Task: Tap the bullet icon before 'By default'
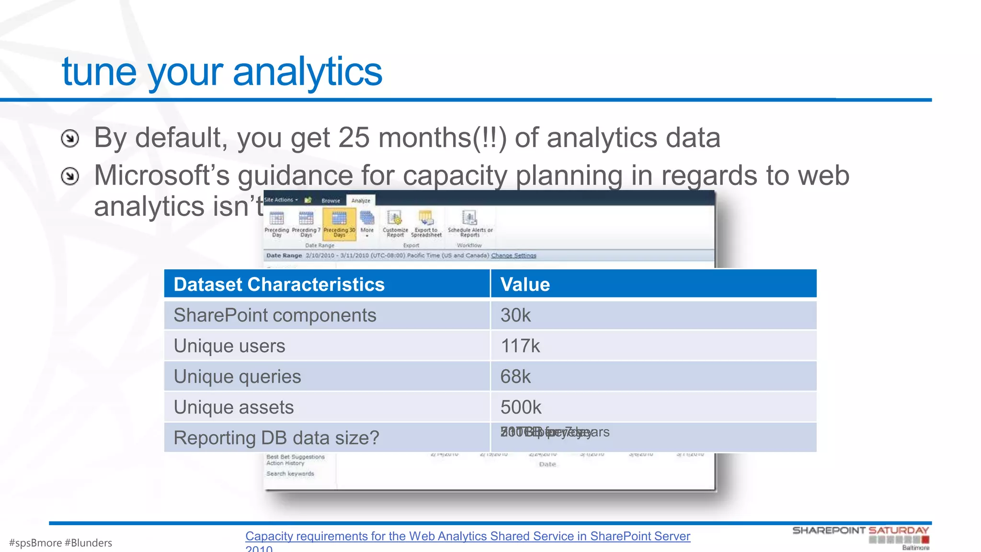point(70,138)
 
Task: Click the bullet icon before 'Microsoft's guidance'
point(70,176)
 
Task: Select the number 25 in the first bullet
point(354,138)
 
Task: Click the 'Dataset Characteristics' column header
point(279,284)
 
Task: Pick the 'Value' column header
point(525,284)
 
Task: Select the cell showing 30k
point(515,315)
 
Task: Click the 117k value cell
point(520,346)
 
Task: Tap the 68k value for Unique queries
point(515,377)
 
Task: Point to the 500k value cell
point(521,407)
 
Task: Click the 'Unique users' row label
point(229,346)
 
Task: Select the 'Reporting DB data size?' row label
point(276,437)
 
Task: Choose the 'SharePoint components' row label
point(275,315)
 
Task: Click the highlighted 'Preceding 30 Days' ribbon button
point(339,224)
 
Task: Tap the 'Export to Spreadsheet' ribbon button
point(426,224)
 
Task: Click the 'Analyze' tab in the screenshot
point(361,200)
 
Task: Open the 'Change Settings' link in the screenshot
point(513,255)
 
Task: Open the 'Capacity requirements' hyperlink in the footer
point(468,536)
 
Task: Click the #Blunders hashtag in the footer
point(88,543)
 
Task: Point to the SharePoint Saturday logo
point(860,537)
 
